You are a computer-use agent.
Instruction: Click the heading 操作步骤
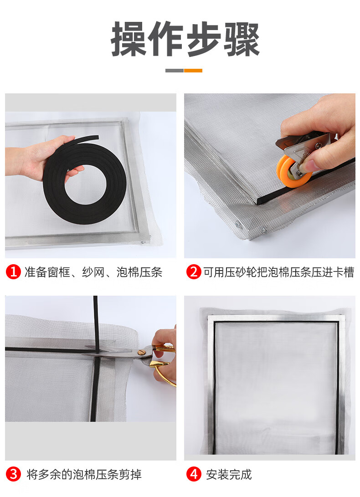pos(185,39)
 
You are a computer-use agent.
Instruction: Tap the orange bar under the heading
pos(193,70)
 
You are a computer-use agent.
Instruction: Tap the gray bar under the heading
pos(175,70)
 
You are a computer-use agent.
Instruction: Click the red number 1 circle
pos(13,272)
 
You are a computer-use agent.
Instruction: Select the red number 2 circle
pos(194,272)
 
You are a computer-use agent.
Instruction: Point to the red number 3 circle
pos(13,474)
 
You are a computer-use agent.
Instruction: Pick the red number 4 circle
pos(194,474)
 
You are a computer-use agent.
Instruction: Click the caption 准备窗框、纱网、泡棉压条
pos(93,272)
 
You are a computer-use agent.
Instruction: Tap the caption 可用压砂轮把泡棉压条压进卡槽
pos(279,272)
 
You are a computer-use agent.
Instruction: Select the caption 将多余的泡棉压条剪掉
pos(84,475)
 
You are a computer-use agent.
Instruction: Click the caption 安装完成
pos(229,475)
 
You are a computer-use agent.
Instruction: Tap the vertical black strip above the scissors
pos(96,320)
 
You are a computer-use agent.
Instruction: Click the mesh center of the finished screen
pos(275,387)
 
